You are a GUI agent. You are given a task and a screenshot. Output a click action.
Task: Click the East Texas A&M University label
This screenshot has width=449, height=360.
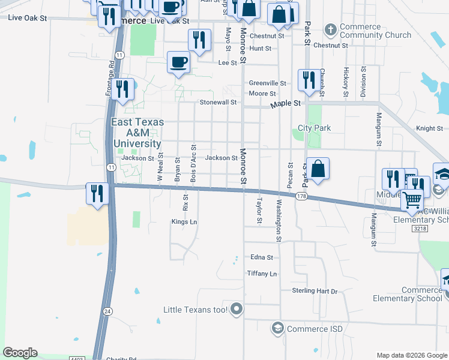[x=137, y=133]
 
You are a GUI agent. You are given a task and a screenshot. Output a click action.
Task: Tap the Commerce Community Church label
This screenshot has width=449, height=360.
[x=376, y=31]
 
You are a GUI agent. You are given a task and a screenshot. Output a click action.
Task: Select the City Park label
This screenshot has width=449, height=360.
[x=315, y=128]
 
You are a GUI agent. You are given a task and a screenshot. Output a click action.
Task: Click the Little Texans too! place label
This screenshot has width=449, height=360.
[x=196, y=310]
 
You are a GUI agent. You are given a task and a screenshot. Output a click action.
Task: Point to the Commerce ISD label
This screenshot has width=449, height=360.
[x=315, y=329]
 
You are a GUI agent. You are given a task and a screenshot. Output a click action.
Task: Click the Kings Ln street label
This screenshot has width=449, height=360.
[x=184, y=222]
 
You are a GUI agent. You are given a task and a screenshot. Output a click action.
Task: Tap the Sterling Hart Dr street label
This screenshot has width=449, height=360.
[x=315, y=291]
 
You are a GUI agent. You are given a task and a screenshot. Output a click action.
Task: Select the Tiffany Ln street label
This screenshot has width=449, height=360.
[x=262, y=274]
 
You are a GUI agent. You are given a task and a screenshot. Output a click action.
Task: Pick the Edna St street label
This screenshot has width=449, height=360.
[x=262, y=257]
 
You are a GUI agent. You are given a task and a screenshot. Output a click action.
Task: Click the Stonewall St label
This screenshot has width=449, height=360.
[x=218, y=103]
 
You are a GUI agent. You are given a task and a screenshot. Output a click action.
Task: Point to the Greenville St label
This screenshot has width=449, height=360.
[x=268, y=83]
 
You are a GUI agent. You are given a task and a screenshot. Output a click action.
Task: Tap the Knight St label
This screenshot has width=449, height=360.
[x=429, y=128]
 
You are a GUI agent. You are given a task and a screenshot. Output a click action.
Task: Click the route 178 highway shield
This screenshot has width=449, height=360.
[x=301, y=196]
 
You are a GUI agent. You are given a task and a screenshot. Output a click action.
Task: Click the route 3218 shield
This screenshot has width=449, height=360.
[x=420, y=229]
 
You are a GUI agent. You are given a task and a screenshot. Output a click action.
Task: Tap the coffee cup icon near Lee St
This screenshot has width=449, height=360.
[x=179, y=62]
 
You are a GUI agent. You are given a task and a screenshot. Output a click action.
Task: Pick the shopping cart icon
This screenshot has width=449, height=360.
[x=412, y=199]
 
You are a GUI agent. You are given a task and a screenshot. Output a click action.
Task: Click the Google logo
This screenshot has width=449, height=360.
[x=20, y=353]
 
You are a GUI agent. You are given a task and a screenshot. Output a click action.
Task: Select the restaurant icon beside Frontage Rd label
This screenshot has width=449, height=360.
[x=122, y=89]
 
